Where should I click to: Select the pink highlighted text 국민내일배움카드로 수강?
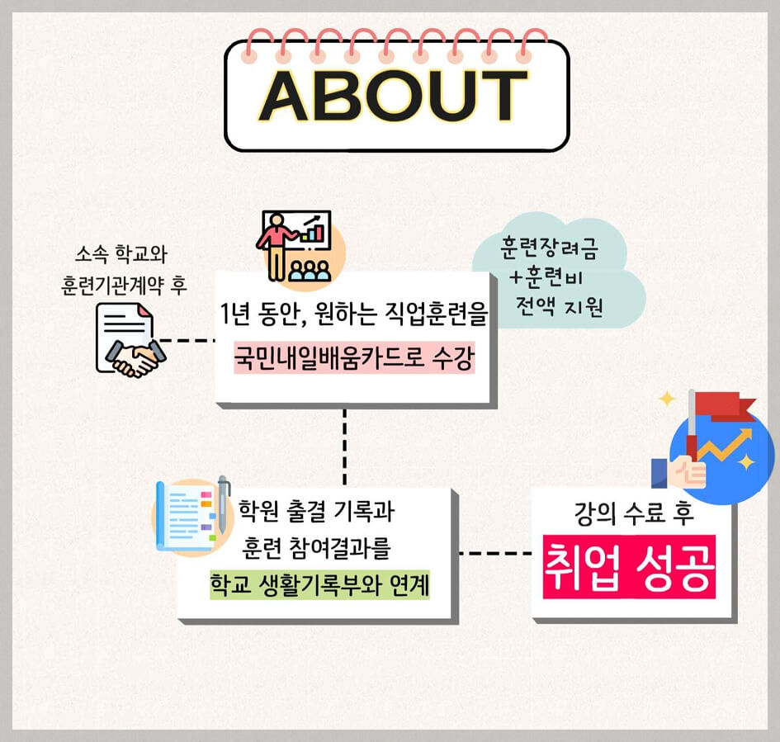[354, 360]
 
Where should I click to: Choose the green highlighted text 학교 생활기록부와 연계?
[319, 585]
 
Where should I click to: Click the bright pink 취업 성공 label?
[627, 567]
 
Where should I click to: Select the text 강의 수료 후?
[633, 514]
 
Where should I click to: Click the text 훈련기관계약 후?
[124, 285]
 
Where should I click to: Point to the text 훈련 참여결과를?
[316, 548]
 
